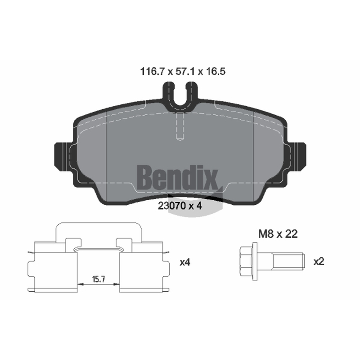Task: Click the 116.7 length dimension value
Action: pyautogui.click(x=152, y=72)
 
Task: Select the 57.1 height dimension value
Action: pyautogui.click(x=185, y=72)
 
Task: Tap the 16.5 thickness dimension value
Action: pyautogui.click(x=216, y=72)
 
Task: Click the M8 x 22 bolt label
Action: pyautogui.click(x=278, y=234)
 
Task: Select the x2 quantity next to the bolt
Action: pyautogui.click(x=319, y=261)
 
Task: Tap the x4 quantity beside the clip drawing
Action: pyautogui.click(x=185, y=262)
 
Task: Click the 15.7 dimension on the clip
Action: pyautogui.click(x=99, y=279)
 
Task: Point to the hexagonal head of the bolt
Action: pyautogui.click(x=246, y=261)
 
